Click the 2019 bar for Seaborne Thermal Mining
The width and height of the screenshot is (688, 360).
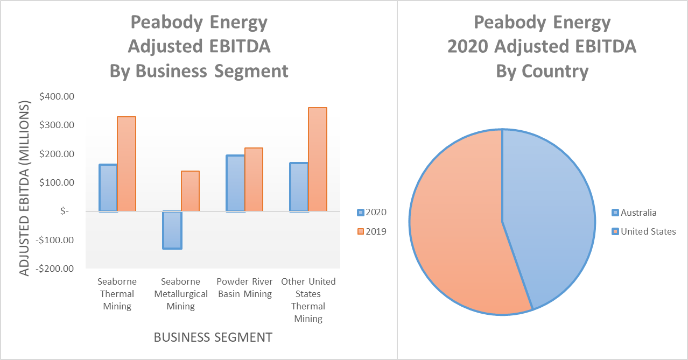[127, 164]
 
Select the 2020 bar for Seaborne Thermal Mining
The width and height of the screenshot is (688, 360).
[108, 188]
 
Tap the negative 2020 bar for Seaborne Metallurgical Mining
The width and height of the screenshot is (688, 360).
[172, 230]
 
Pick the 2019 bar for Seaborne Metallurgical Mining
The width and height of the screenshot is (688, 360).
[190, 191]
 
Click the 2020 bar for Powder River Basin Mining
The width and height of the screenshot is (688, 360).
[235, 183]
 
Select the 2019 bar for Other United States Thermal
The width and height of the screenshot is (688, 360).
[317, 159]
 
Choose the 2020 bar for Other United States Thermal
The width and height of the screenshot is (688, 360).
[299, 187]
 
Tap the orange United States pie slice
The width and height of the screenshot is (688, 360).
[458, 226]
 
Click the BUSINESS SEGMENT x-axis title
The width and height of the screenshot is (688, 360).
[213, 337]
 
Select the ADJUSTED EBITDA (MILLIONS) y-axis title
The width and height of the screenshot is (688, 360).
[25, 188]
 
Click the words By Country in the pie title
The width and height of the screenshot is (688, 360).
[542, 71]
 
